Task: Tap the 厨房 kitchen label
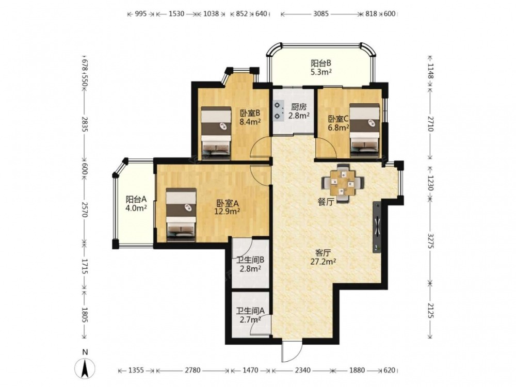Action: pos(299,107)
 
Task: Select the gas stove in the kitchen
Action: pos(279,110)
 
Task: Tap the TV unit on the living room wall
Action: pos(377,227)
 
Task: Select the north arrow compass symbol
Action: pos(85,366)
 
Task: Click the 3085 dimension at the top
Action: pos(321,14)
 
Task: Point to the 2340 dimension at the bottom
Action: pos(302,370)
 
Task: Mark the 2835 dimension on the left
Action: pos(85,124)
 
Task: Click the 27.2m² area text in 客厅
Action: pos(323,262)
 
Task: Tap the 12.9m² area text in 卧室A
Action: pos(227,211)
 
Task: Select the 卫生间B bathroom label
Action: pos(250,260)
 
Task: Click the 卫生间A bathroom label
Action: pos(250,311)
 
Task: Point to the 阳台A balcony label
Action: pos(136,199)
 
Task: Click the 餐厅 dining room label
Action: pos(326,202)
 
